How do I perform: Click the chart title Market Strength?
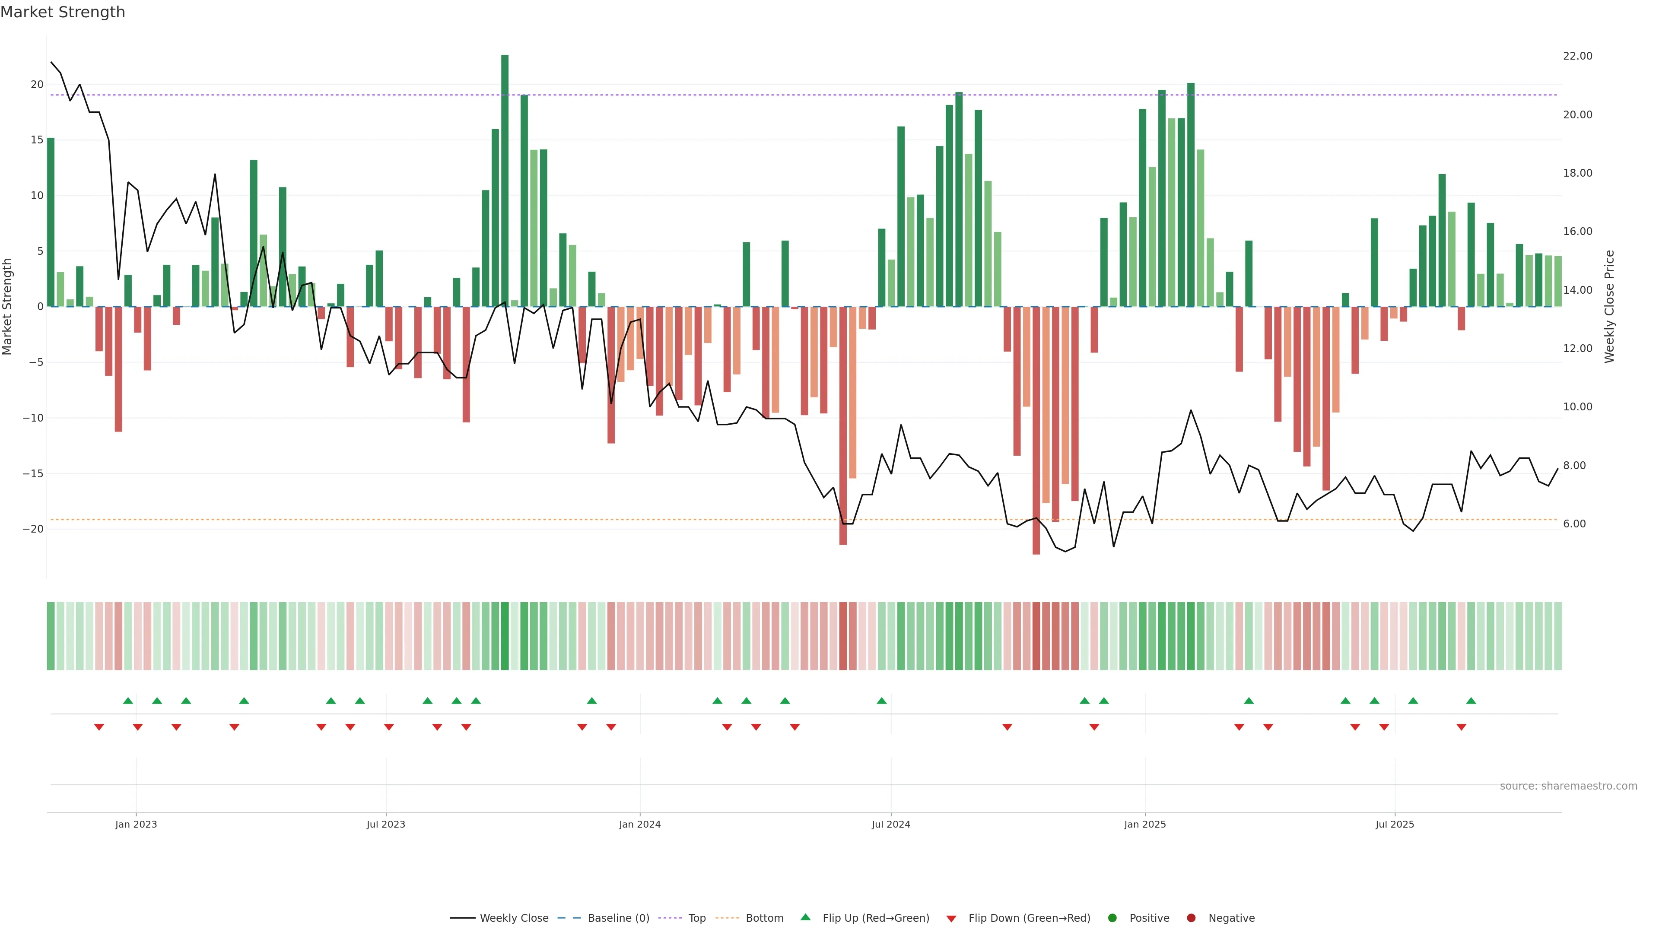63,12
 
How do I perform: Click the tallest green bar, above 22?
505,180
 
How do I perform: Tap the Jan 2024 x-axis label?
639,824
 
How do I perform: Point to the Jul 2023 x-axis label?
386,824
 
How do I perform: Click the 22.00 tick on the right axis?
1577,56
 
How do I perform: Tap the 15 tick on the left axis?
37,140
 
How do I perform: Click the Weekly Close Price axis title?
1609,307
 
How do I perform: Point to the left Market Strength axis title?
8,307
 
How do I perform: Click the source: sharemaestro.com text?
1568,786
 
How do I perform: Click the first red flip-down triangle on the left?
99,727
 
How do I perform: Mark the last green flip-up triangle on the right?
1471,701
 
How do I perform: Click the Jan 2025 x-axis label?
1145,824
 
